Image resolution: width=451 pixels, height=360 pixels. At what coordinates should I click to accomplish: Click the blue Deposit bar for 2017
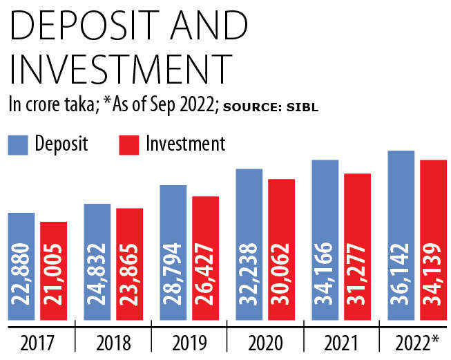(21, 266)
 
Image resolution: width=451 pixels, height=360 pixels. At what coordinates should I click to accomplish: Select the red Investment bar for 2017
(54, 271)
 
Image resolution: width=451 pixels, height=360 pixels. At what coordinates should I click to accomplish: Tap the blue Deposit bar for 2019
(173, 252)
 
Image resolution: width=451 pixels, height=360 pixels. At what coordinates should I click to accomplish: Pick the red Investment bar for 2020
(281, 249)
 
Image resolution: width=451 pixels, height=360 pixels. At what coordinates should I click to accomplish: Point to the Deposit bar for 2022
(401, 235)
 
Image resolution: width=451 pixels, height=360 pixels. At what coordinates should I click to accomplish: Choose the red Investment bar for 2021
(358, 246)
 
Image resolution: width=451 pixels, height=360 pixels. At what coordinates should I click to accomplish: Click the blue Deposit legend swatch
(17, 144)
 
